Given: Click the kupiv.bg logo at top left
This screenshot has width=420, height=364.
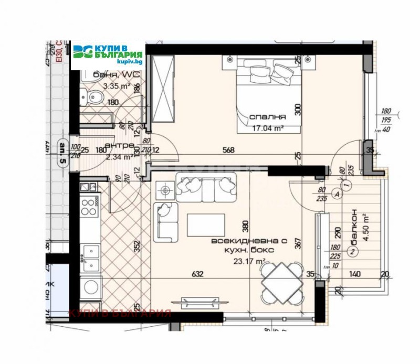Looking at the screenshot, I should [x=108, y=54].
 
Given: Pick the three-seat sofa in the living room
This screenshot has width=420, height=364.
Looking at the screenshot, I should [x=205, y=187].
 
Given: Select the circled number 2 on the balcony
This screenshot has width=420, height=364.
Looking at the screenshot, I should [x=353, y=252].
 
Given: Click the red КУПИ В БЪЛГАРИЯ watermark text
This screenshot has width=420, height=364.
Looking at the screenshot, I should [x=120, y=314].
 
